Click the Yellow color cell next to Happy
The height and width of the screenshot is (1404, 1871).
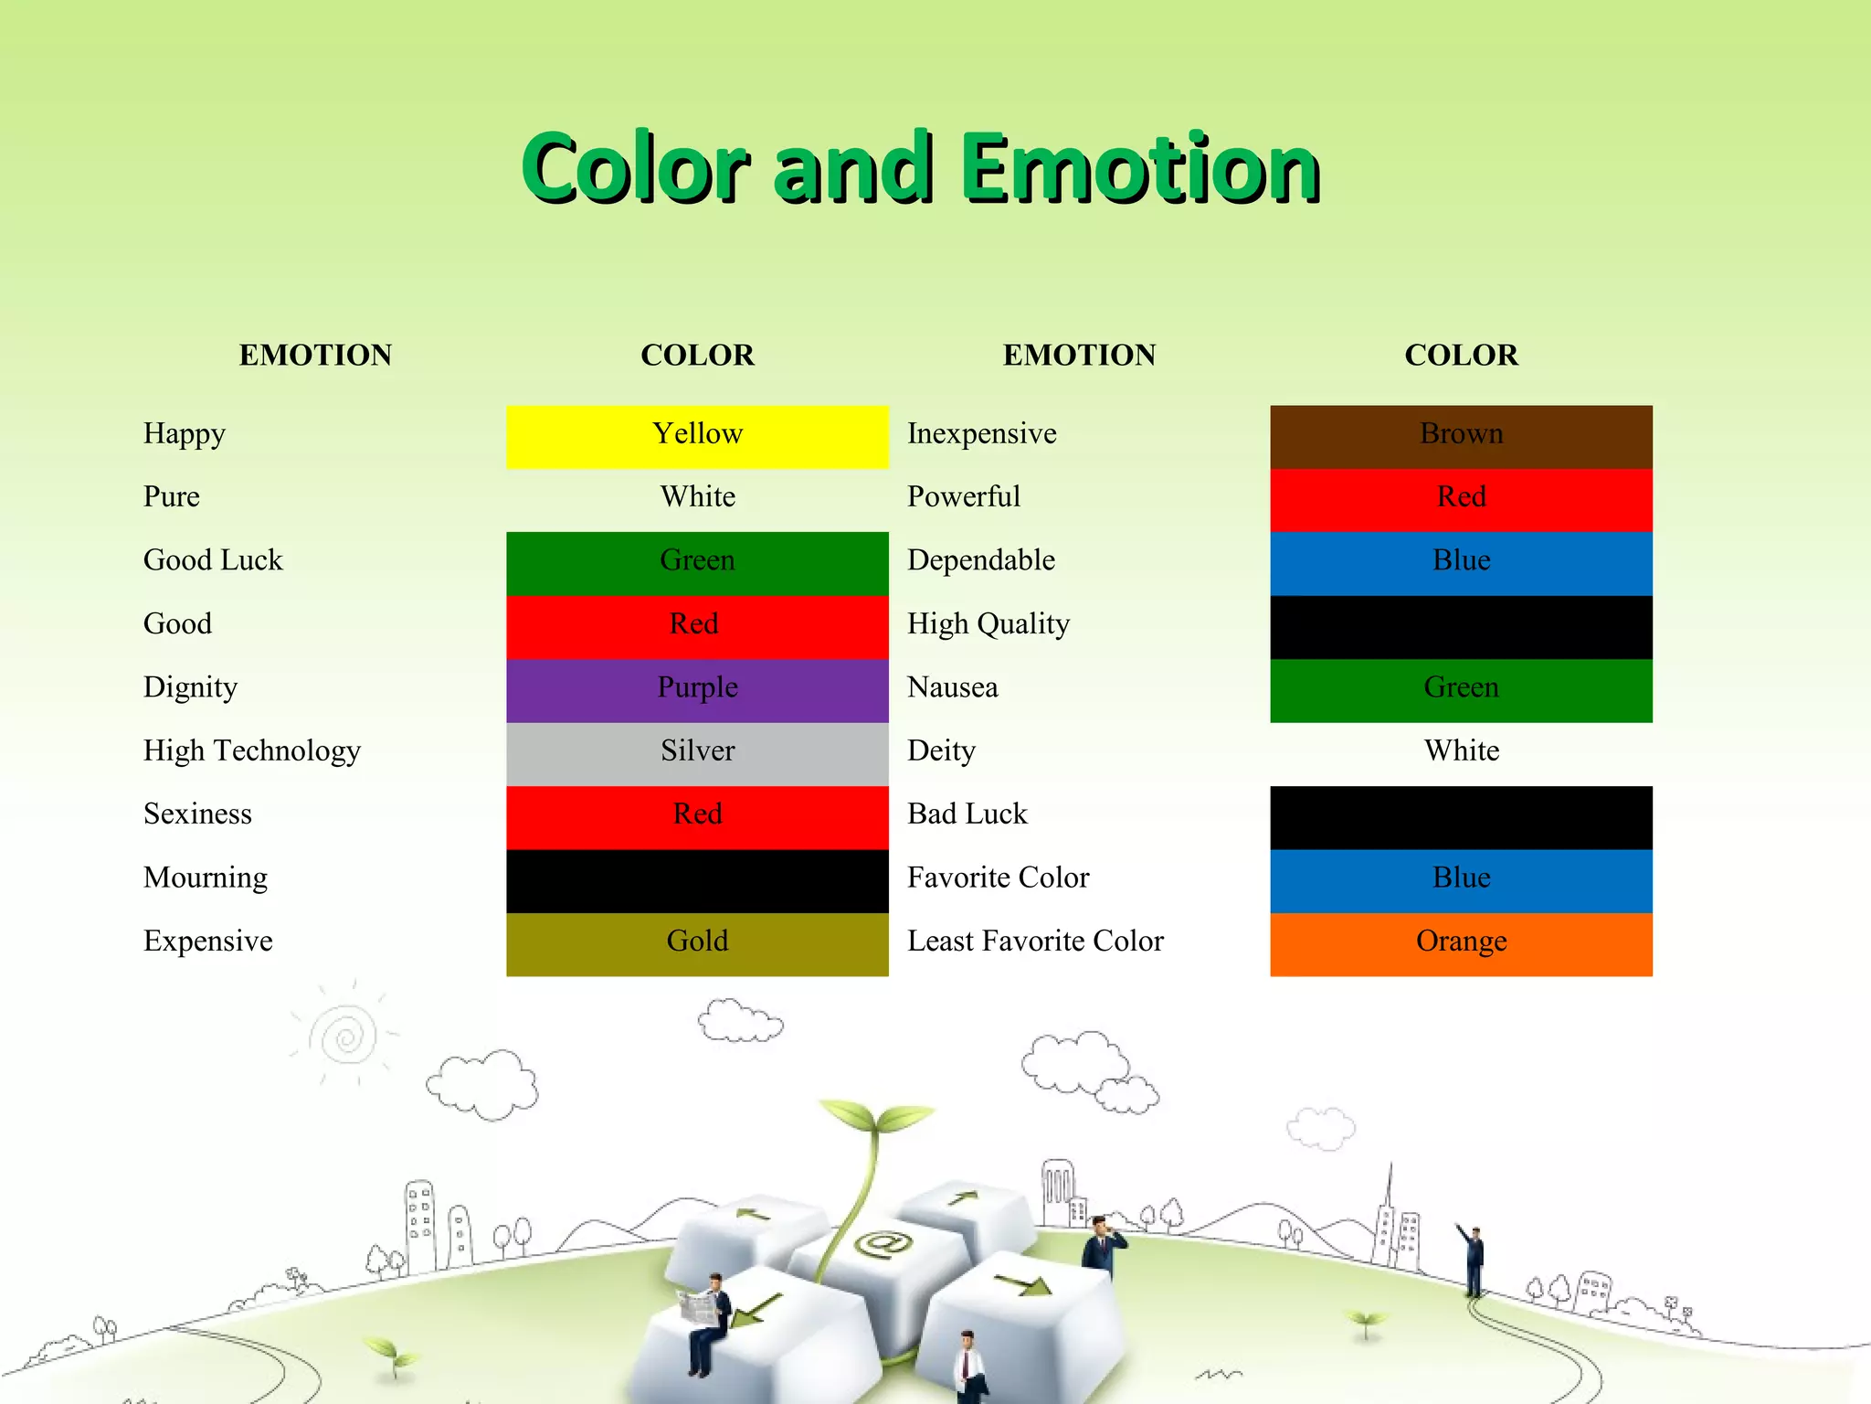point(697,436)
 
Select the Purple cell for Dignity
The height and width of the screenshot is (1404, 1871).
point(697,690)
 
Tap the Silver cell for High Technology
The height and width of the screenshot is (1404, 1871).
point(697,753)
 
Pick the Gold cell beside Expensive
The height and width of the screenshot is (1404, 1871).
point(697,943)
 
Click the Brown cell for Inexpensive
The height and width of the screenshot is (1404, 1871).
point(1461,436)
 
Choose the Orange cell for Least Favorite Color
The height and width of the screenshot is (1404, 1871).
point(1461,943)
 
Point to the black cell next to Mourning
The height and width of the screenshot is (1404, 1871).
point(697,880)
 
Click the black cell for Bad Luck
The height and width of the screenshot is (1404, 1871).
point(1461,817)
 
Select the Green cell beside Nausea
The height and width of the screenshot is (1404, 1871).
point(1461,690)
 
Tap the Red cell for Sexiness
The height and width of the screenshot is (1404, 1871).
point(697,817)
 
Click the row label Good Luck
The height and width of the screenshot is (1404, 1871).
point(213,560)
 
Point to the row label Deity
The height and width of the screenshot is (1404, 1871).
point(941,750)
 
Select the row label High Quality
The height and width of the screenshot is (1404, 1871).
point(988,624)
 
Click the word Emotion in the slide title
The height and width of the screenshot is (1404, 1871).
point(1139,168)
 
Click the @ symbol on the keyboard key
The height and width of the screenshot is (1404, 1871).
point(883,1244)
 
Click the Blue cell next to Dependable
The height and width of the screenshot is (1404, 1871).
point(1461,563)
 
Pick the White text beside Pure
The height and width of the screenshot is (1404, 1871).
point(697,497)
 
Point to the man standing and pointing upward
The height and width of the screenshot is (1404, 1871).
point(1473,1258)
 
